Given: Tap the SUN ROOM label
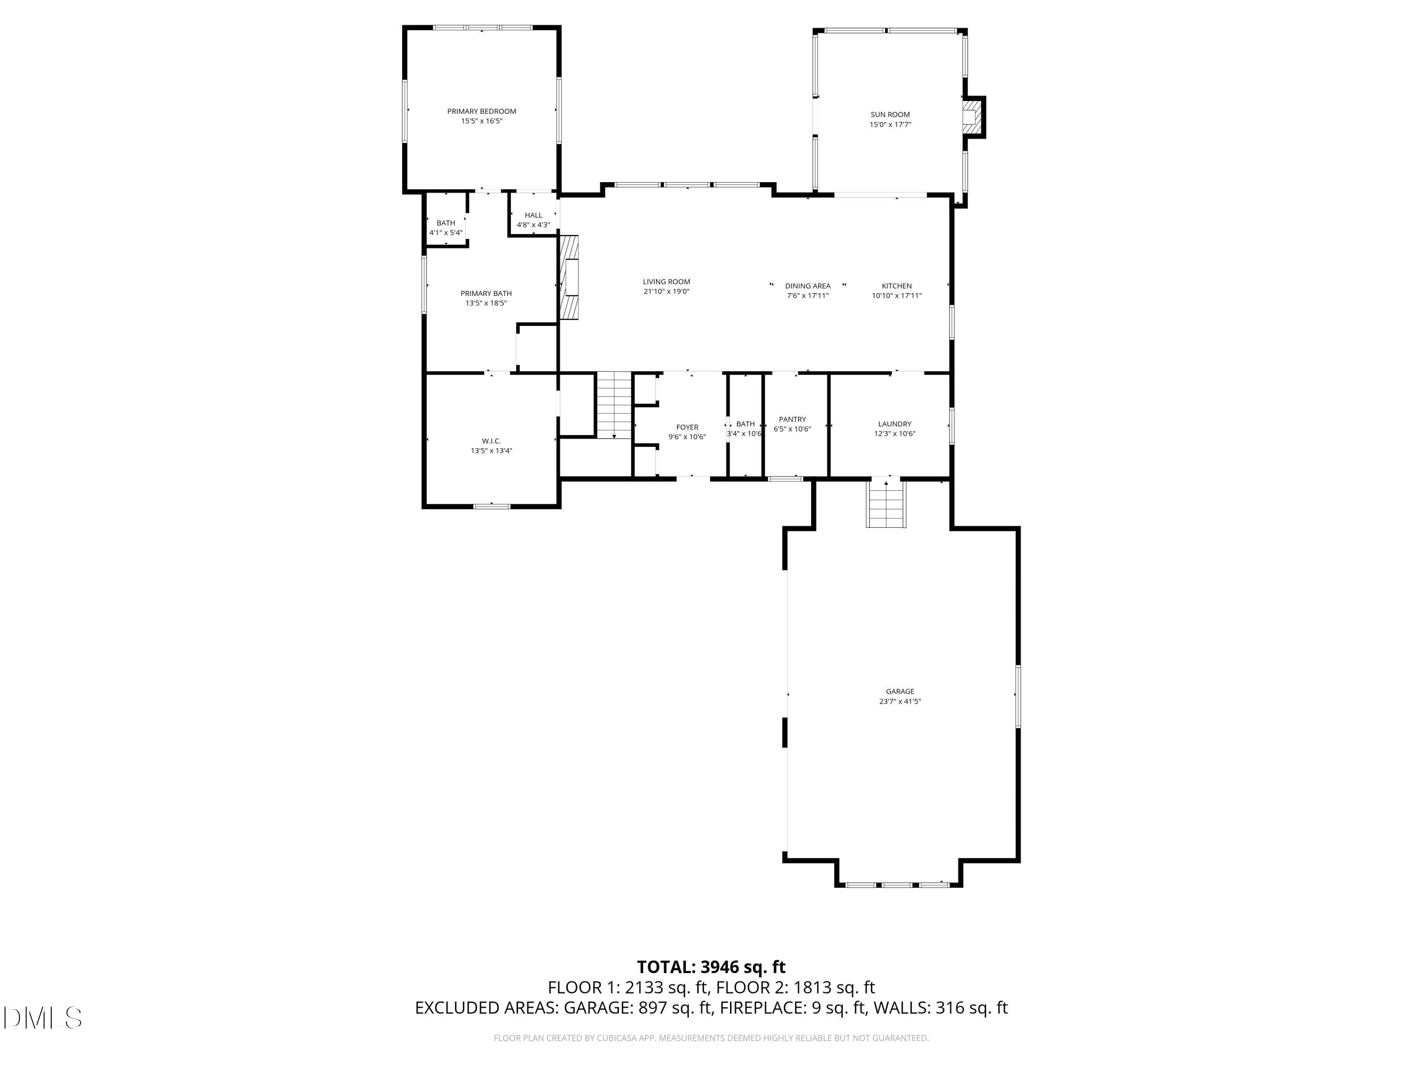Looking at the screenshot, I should pyautogui.click(x=890, y=114).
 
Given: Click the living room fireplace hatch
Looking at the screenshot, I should pyautogui.click(x=569, y=277).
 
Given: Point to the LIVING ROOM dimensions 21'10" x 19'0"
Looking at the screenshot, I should pyautogui.click(x=666, y=291).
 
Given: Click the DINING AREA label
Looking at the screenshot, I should pyautogui.click(x=807, y=285).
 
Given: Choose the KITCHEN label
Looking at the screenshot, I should pyautogui.click(x=896, y=285).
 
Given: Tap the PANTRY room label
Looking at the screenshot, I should pyautogui.click(x=792, y=419).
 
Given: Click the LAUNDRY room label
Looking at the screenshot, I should pyautogui.click(x=894, y=424).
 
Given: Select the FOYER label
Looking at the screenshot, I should pyautogui.click(x=686, y=427).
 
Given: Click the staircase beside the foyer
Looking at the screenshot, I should pyautogui.click(x=614, y=405).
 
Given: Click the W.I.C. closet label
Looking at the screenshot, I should pyautogui.click(x=491, y=441).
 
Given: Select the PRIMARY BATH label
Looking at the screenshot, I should pyautogui.click(x=486, y=293).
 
